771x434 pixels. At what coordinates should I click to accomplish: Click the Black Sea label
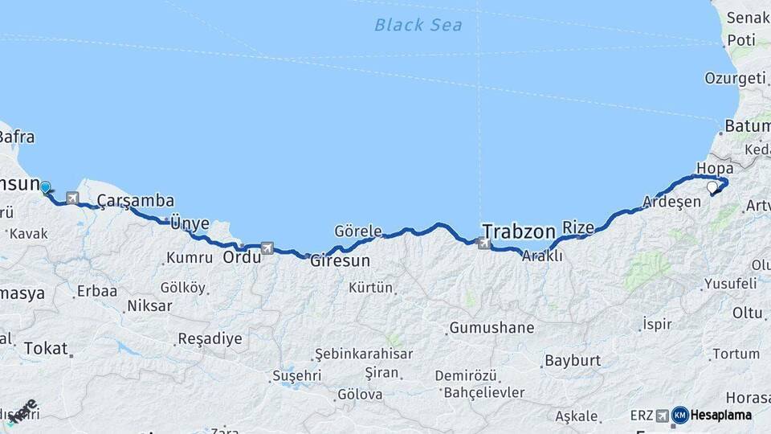click(x=418, y=25)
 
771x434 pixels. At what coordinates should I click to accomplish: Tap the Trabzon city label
click(x=519, y=232)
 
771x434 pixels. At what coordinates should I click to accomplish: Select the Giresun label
click(x=341, y=261)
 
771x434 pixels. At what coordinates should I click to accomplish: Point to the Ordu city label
click(x=242, y=257)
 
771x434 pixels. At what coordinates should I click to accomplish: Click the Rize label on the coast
click(x=578, y=227)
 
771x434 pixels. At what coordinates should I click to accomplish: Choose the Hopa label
click(x=715, y=168)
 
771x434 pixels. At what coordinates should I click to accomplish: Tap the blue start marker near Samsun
click(x=45, y=187)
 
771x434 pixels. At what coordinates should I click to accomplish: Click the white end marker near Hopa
click(x=712, y=187)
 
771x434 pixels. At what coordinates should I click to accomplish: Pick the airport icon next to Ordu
click(x=267, y=248)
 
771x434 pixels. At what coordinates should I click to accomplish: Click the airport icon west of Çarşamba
click(x=74, y=197)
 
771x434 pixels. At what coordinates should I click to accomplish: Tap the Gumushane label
click(x=492, y=328)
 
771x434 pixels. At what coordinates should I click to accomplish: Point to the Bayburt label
click(x=573, y=360)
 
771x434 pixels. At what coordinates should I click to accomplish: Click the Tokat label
click(x=46, y=348)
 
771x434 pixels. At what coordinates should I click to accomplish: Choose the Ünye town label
click(x=190, y=223)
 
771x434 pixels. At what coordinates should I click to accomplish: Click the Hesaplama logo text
click(x=721, y=416)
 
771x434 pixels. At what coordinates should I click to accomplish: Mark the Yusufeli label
click(x=730, y=283)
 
